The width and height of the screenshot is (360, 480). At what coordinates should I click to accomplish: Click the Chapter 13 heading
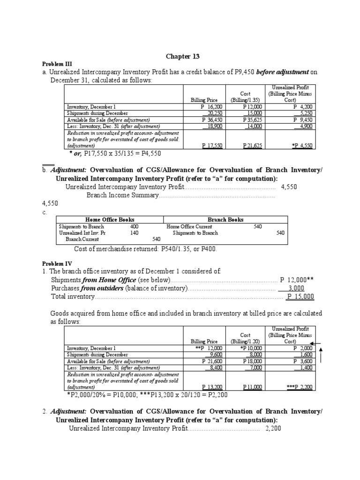pos(183,56)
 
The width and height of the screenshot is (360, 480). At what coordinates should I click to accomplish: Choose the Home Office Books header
pos(110,219)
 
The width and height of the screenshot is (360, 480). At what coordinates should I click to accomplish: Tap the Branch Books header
pos(225,219)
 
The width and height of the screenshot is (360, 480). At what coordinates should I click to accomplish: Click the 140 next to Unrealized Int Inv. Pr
pos(135,232)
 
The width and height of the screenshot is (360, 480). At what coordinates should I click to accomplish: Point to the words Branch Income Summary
pos(123,195)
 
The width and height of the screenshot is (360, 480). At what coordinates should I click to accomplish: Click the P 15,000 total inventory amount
pos(300,296)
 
